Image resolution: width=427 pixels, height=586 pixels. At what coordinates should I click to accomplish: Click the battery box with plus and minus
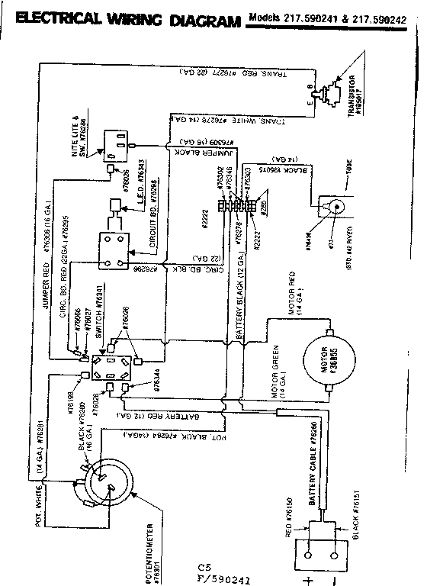pyautogui.click(x=329, y=539)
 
